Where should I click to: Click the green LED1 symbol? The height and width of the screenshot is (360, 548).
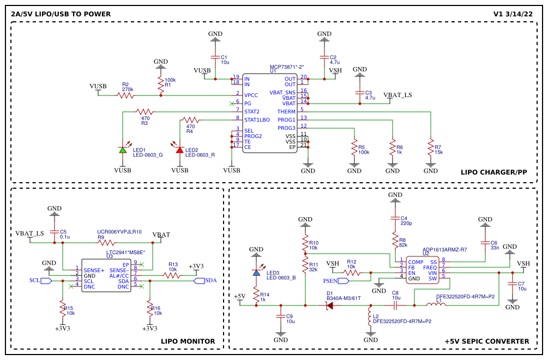pos(123,150)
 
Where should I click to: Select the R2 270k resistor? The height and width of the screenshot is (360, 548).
pos(125,95)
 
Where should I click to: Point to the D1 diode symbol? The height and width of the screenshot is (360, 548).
pos(329,305)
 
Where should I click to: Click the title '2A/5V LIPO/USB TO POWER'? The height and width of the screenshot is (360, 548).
pos(61,14)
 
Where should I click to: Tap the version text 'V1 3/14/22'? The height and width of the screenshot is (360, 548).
pos(513,14)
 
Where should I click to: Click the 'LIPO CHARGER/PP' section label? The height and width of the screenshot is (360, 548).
pos(493,172)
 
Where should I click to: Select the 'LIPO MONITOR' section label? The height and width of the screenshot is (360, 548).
pos(188,341)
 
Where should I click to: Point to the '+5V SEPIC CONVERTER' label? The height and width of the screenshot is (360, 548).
pos(486,341)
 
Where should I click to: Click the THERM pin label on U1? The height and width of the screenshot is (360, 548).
pos(286,111)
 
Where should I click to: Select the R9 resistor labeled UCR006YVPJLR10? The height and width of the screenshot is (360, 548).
pos(108,244)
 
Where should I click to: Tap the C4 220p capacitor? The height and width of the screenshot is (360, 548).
pos(395,218)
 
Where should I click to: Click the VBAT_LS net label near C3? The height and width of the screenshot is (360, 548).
pos(398,95)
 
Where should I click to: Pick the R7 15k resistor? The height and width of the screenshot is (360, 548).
pos(431,147)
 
